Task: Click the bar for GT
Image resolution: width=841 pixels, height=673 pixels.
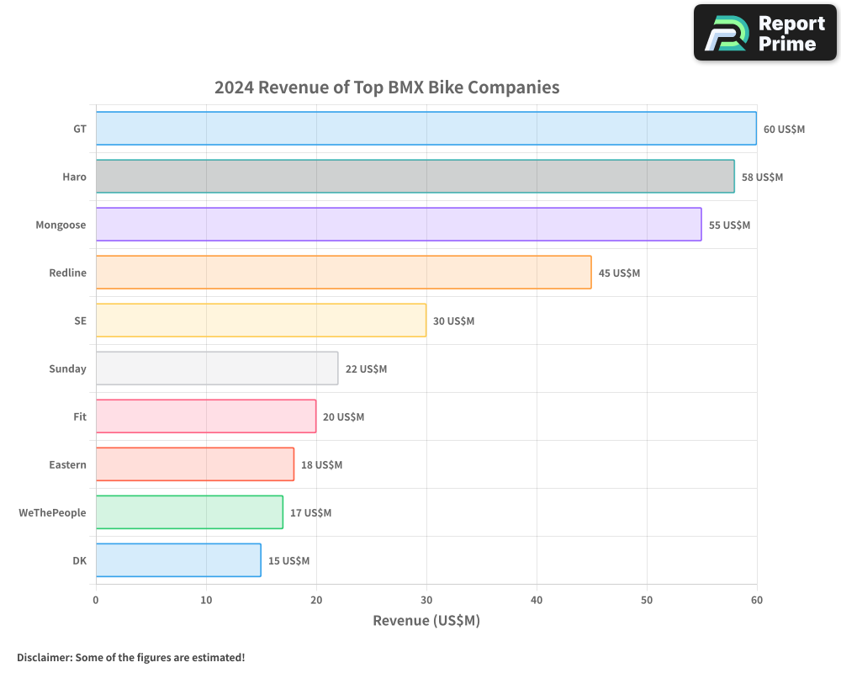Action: [x=426, y=129]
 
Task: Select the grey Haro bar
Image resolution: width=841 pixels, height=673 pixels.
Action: [x=415, y=177]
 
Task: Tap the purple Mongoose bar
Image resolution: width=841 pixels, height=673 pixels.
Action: [x=399, y=225]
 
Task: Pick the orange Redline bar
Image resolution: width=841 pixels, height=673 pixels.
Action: [x=343, y=273]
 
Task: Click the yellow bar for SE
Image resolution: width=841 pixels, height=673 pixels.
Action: [x=261, y=321]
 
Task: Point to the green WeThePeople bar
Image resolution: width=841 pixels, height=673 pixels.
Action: [x=189, y=512]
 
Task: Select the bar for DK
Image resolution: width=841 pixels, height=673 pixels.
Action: [x=178, y=560]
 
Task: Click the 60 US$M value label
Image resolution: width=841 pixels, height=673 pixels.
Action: [x=784, y=130]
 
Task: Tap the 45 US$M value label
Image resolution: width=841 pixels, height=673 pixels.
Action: [x=619, y=273]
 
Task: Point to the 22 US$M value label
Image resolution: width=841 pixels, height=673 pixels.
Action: [x=366, y=369]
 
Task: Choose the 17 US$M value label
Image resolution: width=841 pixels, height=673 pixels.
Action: [x=310, y=513]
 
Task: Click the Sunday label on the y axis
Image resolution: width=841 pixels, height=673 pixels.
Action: [x=67, y=368]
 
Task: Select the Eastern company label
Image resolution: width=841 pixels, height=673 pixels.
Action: [x=67, y=464]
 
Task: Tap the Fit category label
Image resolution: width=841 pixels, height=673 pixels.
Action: [x=79, y=416]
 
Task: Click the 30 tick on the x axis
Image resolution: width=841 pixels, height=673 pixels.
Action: [x=426, y=600]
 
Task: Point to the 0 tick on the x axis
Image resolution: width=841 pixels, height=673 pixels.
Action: [x=96, y=600]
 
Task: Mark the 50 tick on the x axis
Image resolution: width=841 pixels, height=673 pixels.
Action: [x=647, y=600]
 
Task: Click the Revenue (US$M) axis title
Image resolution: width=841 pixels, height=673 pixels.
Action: [x=426, y=621]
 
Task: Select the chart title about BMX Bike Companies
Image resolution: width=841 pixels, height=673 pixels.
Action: [x=387, y=87]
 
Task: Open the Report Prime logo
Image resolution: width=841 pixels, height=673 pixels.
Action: [x=764, y=33]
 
